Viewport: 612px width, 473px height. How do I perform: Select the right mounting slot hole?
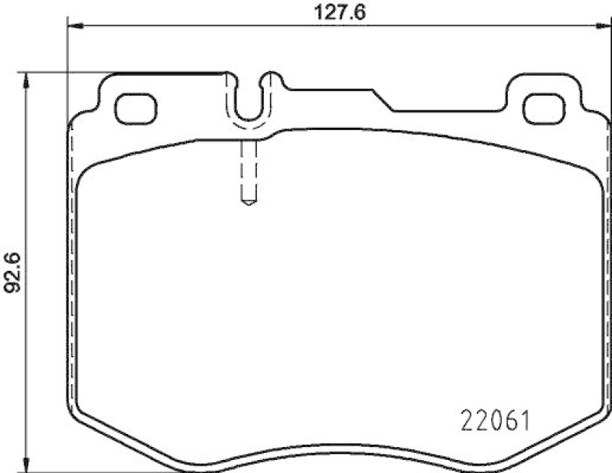544,109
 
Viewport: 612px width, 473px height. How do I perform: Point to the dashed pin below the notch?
248,172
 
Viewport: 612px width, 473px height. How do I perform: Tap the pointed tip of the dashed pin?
248,204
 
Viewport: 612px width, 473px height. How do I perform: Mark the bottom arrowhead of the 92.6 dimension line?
28,462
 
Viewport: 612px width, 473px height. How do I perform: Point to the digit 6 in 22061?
509,419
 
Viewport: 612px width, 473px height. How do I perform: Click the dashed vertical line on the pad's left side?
71,268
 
